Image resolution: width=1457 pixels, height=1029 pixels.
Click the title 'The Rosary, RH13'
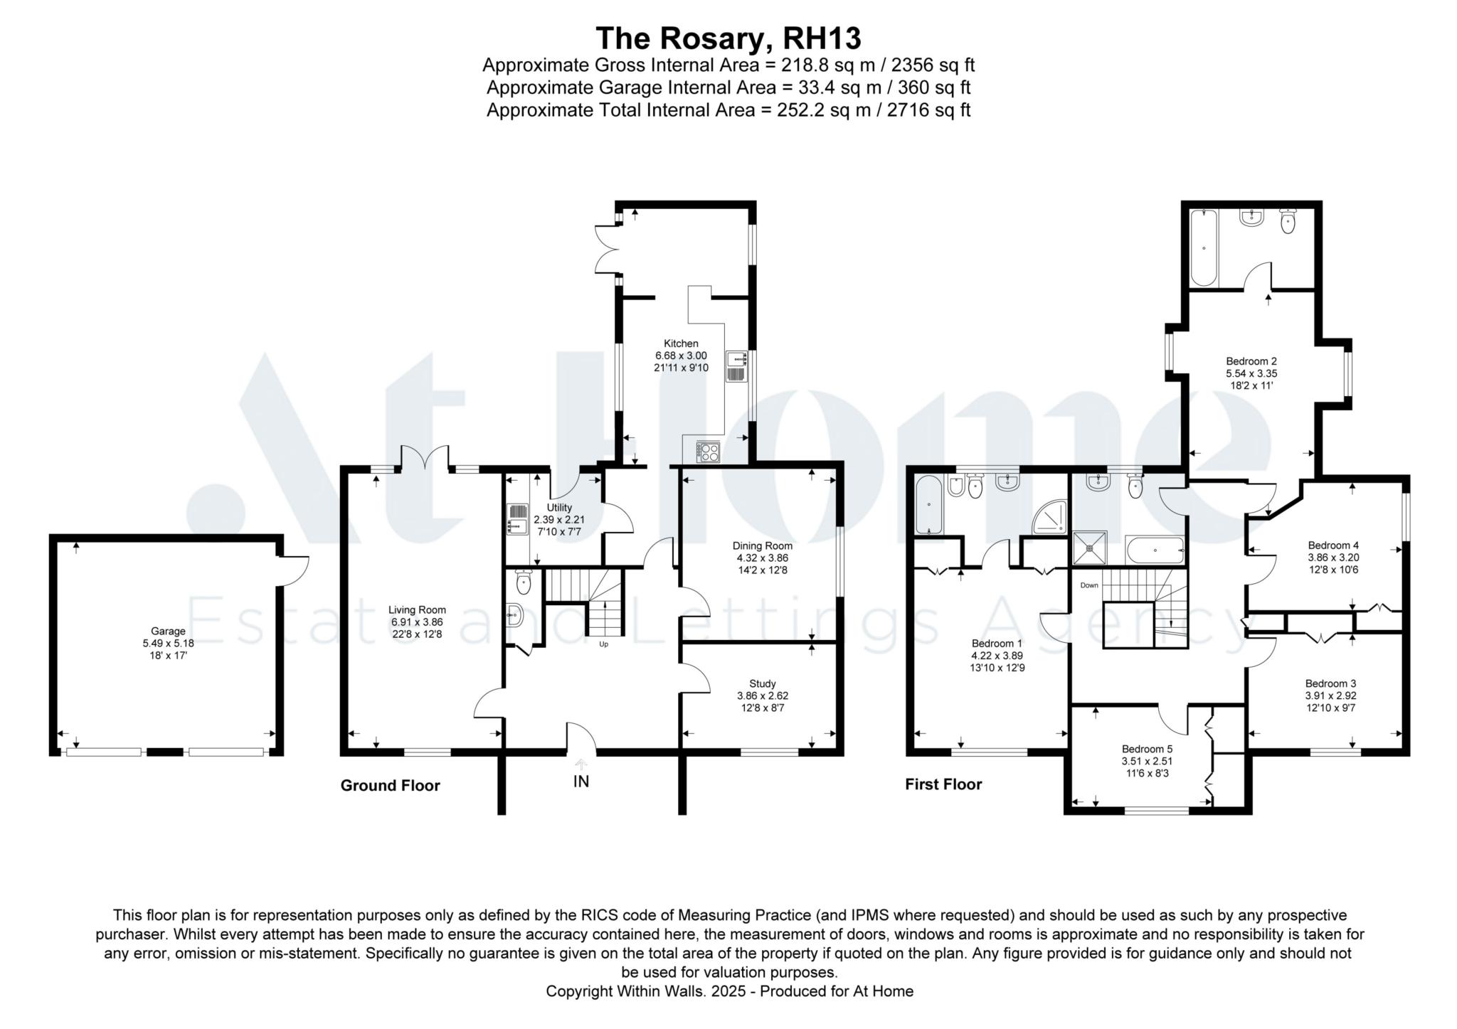pos(728,38)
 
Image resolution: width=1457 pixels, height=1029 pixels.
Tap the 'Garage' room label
pos(168,631)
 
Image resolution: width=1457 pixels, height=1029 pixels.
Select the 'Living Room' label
pos(417,609)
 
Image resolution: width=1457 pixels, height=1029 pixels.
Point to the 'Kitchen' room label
pos(681,343)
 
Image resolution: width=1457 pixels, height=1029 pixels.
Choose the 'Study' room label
pos(762,684)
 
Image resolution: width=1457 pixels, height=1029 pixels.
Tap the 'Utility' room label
pos(559,508)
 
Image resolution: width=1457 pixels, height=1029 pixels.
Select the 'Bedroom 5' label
pos(1147,749)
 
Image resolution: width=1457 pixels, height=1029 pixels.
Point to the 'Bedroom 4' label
pos(1333,545)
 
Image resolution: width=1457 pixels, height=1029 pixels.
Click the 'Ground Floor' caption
pos(390,785)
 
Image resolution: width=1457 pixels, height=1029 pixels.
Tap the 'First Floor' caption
pos(943,784)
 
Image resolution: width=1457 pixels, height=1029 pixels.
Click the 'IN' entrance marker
pos(581,782)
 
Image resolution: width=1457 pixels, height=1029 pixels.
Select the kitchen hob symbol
pos(708,452)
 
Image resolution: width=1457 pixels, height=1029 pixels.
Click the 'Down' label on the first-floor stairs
pos(1089,585)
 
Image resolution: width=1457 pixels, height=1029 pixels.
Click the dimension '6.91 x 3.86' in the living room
pos(417,622)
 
